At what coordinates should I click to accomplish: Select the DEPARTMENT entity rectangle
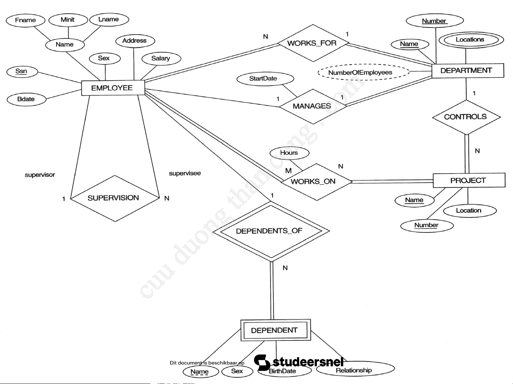(467, 71)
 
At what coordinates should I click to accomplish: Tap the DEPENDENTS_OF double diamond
(271, 231)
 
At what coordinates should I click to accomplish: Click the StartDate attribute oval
(265, 78)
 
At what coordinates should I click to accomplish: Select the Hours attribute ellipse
(289, 153)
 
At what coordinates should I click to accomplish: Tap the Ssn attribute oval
(22, 71)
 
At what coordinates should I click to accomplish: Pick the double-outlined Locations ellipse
(471, 40)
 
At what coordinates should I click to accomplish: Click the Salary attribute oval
(161, 58)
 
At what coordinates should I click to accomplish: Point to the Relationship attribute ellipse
(355, 370)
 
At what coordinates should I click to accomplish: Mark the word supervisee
(185, 173)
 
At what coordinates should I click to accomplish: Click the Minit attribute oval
(68, 20)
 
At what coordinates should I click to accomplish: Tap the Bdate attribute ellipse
(26, 99)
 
